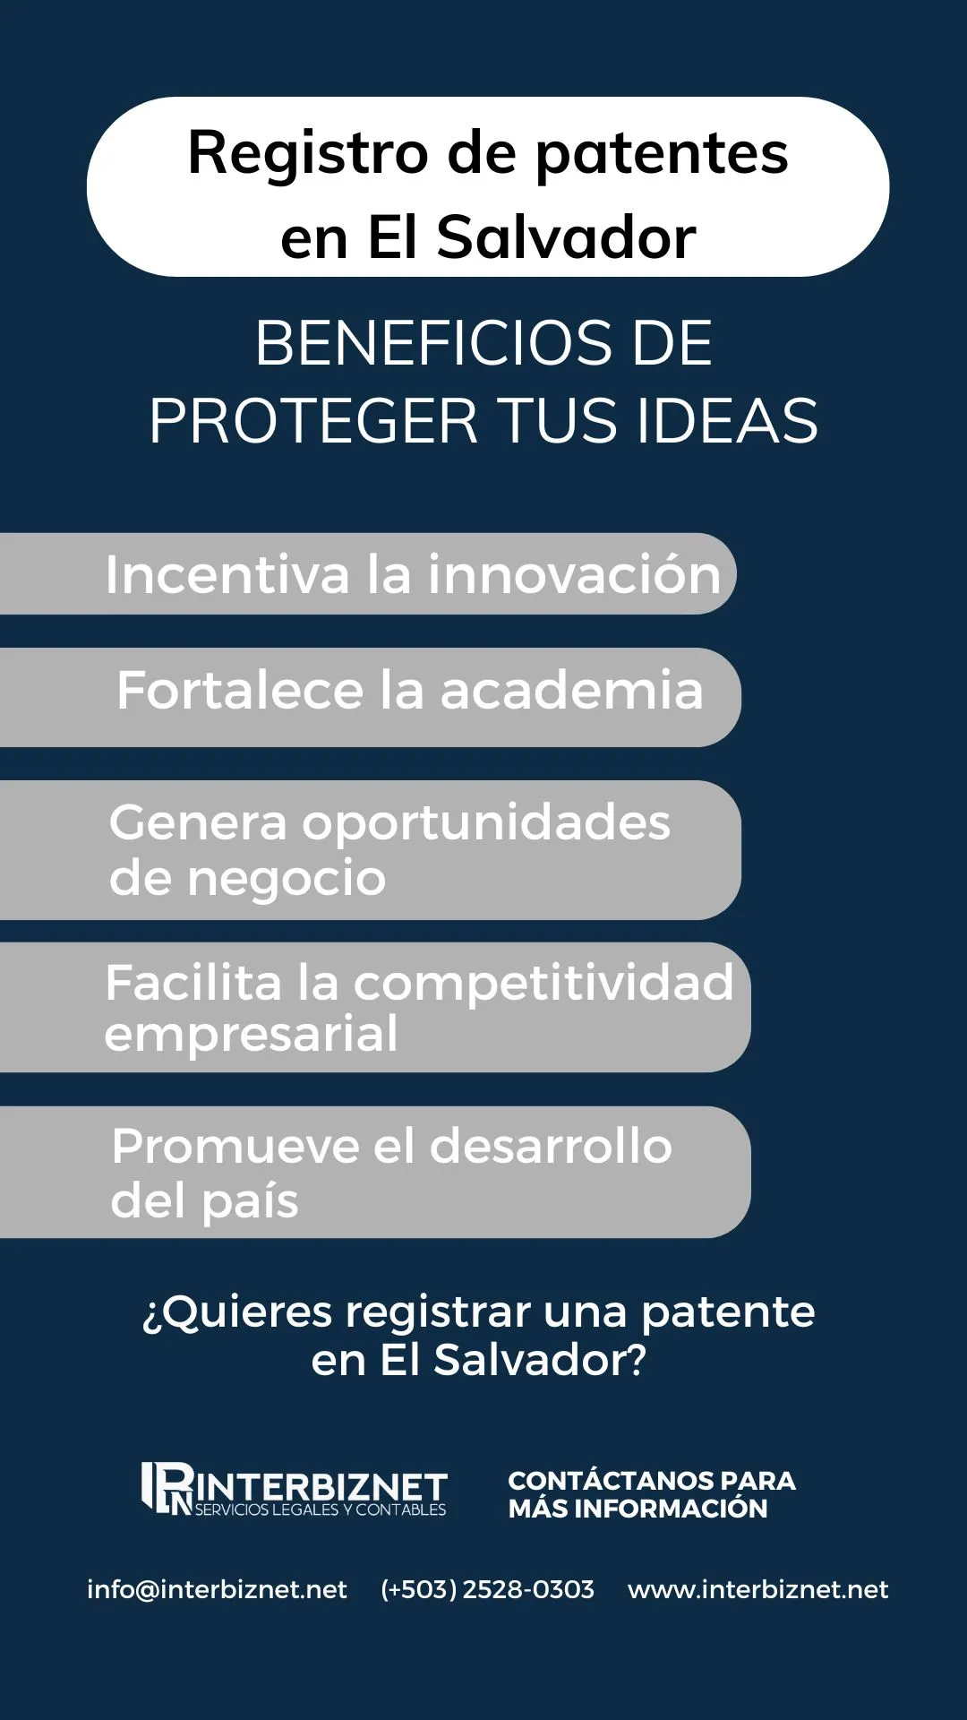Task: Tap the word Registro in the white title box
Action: [308, 154]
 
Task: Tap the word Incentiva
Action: [227, 574]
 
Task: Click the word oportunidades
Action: [486, 824]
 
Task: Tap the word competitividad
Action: [543, 985]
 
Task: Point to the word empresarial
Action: [251, 1036]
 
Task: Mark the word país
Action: [250, 1202]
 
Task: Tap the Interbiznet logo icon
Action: [167, 1488]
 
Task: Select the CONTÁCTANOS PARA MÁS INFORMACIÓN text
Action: [652, 1494]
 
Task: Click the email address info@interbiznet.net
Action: [217, 1589]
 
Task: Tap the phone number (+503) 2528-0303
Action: [487, 1589]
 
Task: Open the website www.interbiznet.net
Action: [758, 1589]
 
